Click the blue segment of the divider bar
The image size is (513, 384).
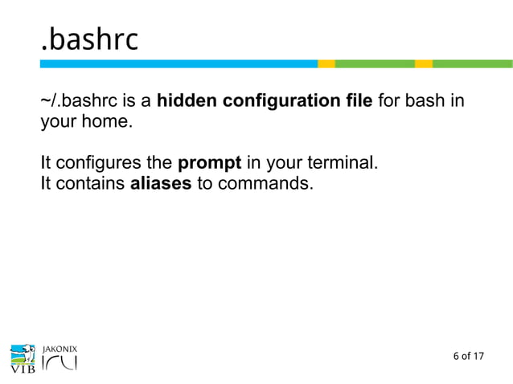click(178, 63)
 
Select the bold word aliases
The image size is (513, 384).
click(161, 184)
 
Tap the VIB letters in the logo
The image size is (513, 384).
click(23, 370)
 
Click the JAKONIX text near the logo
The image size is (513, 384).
click(58, 347)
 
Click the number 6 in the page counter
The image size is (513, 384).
click(456, 356)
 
